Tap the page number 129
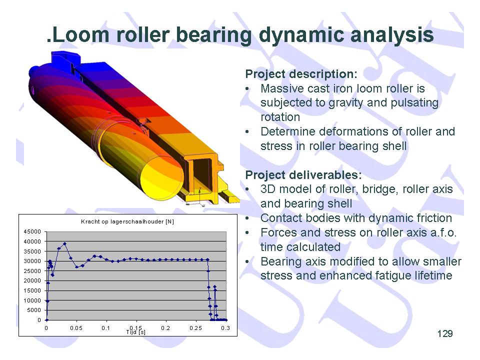(445, 333)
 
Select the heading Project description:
(301, 74)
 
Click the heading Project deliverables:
(303, 175)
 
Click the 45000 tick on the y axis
(32, 231)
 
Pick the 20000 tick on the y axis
(32, 280)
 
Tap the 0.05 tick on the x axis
(76, 328)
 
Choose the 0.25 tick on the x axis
(195, 328)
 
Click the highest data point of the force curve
(64, 243)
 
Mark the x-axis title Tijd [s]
(135, 332)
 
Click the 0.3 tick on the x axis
(225, 328)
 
